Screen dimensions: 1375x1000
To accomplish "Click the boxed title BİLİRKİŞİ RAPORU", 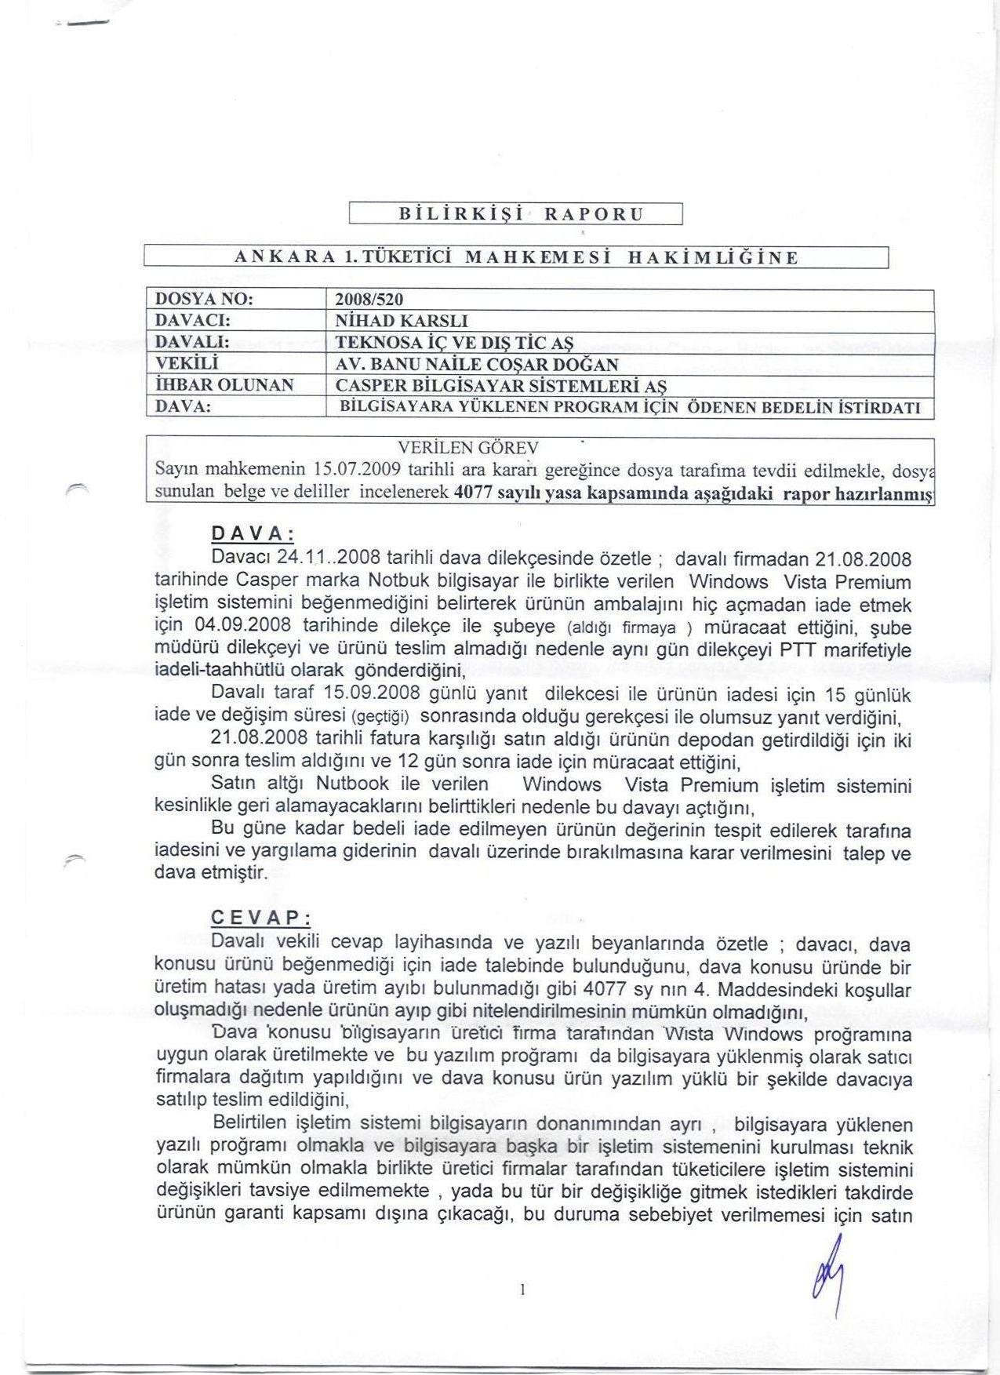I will click(515, 213).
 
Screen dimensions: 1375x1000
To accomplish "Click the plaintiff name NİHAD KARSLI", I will click(401, 321).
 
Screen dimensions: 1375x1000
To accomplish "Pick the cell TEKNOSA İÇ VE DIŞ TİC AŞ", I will click(454, 343).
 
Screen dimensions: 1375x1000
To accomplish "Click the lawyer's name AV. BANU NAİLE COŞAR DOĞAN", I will click(477, 364).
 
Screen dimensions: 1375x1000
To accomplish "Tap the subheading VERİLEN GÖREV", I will click(468, 448).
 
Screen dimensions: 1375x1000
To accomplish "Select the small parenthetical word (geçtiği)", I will click(381, 717).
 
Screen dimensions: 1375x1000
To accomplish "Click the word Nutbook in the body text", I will click(352, 784).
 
